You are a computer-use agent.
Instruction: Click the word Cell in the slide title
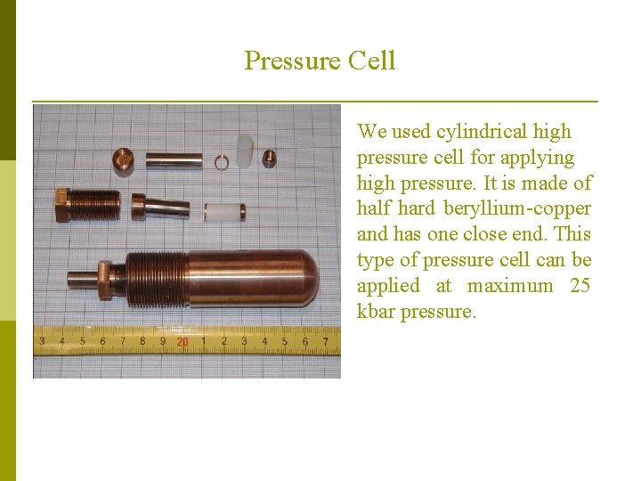[x=372, y=61]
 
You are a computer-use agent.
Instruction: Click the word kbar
[x=376, y=312]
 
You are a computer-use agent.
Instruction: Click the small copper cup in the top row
[x=123, y=160]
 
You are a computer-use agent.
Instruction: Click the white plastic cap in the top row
[x=247, y=151]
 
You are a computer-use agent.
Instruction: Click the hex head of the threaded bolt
[x=62, y=206]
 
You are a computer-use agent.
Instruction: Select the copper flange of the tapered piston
[x=138, y=207]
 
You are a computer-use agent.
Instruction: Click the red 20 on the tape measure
[x=182, y=341]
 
